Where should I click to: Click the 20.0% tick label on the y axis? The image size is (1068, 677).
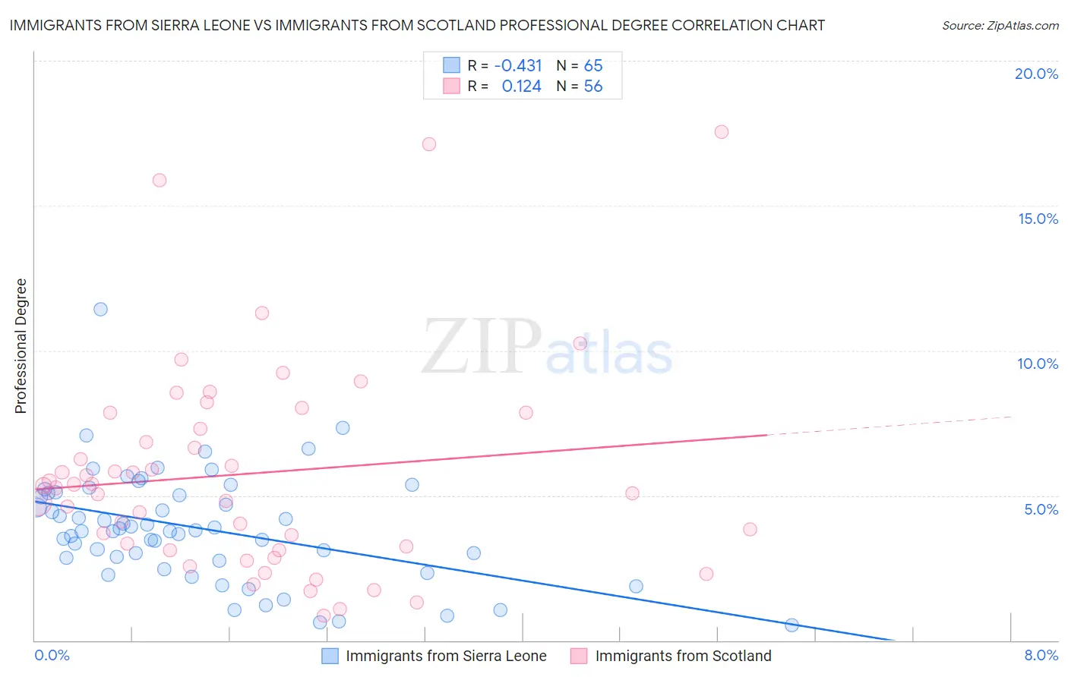click(x=1036, y=74)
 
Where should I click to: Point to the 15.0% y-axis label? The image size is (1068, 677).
click(x=1038, y=219)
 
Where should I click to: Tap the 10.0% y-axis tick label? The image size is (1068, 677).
click(x=1038, y=364)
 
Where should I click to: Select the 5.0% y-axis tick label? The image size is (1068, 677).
click(x=1041, y=509)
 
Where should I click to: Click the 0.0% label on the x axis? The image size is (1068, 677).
click(x=52, y=655)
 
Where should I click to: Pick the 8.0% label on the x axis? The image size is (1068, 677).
click(x=1041, y=655)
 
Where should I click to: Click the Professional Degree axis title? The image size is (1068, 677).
click(x=21, y=346)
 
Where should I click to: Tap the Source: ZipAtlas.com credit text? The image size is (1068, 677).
click(x=1000, y=25)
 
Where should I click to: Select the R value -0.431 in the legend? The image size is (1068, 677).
click(x=518, y=65)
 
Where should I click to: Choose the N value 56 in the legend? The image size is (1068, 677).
click(x=592, y=86)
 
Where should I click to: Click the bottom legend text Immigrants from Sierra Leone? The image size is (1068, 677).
click(x=446, y=656)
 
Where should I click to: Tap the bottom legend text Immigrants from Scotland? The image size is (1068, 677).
click(x=683, y=656)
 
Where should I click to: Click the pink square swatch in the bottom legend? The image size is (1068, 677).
click(x=579, y=656)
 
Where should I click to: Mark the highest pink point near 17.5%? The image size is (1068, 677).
click(x=721, y=132)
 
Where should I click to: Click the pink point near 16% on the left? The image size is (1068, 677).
click(x=160, y=180)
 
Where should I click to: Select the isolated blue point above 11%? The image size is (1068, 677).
click(x=100, y=309)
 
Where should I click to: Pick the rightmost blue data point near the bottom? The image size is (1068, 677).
click(x=792, y=625)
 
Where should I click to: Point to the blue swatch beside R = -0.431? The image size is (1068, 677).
click(x=451, y=65)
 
